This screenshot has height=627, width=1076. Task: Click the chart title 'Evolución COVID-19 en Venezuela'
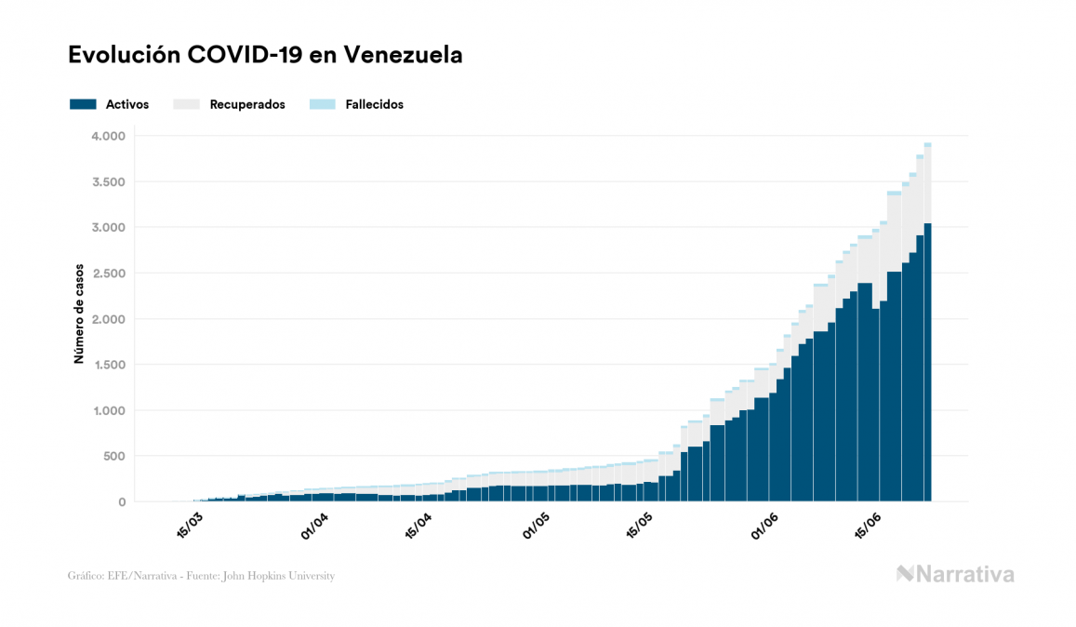(x=265, y=55)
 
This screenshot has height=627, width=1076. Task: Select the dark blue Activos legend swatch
(x=83, y=104)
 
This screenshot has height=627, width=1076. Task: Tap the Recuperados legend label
(x=247, y=104)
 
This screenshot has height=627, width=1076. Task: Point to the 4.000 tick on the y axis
(x=108, y=136)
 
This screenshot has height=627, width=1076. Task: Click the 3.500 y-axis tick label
(x=108, y=181)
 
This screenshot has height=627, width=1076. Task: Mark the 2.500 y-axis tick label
(x=108, y=273)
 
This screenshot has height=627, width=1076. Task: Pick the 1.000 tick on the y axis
(x=108, y=410)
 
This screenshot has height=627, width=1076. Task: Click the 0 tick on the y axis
(x=121, y=501)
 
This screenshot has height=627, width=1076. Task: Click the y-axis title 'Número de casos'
(x=80, y=313)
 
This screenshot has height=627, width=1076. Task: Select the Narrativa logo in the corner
(x=955, y=574)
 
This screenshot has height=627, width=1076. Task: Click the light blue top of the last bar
(x=928, y=145)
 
